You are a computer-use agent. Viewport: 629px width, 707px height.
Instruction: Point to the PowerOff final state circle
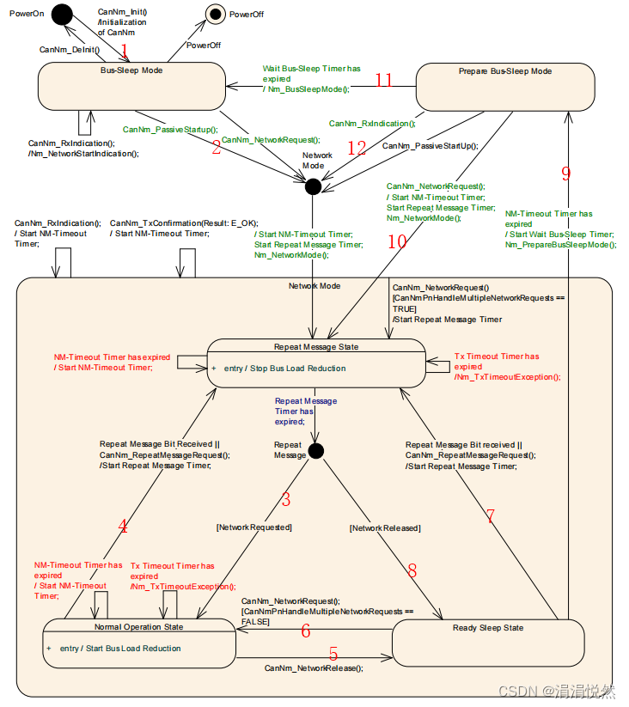tap(217, 14)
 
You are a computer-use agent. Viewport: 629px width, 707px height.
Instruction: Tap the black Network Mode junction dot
tap(313, 186)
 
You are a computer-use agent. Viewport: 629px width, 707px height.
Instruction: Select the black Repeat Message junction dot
tap(315, 451)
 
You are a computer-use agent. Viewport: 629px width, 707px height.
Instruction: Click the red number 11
tap(383, 80)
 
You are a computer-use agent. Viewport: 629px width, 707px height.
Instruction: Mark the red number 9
tap(565, 174)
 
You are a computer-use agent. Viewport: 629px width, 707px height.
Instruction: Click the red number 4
tap(123, 526)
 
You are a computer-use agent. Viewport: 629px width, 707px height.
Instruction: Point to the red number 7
tap(490, 516)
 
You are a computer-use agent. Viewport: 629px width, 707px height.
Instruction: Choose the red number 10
tap(396, 241)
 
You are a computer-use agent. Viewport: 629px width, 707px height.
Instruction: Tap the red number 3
tap(286, 499)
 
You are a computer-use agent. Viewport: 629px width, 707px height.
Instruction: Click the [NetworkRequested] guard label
tap(254, 527)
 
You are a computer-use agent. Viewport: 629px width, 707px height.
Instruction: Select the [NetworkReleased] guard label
tap(384, 528)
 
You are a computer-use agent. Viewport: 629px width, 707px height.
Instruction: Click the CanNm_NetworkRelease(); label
tap(314, 667)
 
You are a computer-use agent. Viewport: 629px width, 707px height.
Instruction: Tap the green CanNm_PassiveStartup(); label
tap(171, 129)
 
